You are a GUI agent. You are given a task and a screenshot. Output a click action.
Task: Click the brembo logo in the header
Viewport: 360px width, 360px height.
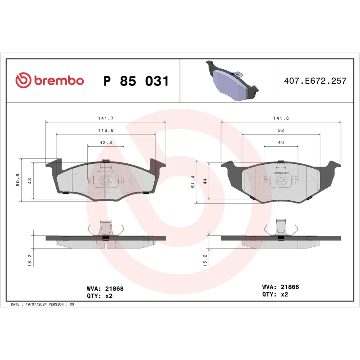(x=49, y=81)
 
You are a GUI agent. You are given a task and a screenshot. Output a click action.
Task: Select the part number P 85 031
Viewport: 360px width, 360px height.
(x=136, y=81)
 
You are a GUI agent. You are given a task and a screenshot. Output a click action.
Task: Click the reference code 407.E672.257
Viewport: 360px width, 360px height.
(x=315, y=81)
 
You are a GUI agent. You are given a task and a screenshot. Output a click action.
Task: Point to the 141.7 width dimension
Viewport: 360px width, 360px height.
(x=106, y=118)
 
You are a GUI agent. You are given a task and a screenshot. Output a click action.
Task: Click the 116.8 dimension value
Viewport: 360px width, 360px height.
(x=106, y=130)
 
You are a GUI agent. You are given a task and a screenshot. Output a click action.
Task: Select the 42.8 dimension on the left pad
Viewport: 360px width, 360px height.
(x=105, y=142)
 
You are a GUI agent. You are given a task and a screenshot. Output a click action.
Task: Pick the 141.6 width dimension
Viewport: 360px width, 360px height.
(x=281, y=118)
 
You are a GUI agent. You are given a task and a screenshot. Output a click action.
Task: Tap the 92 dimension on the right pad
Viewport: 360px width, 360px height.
(x=281, y=130)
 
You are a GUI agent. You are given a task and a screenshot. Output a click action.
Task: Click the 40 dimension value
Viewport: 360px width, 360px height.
(x=281, y=142)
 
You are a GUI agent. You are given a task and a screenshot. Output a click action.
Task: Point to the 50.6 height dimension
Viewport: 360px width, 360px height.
(x=18, y=180)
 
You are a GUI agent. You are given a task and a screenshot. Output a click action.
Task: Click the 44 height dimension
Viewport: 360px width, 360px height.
(x=205, y=180)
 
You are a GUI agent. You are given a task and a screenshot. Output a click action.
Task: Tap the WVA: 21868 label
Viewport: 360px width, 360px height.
(x=105, y=288)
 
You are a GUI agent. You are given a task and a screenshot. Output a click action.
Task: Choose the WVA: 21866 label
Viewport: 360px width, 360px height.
(x=280, y=287)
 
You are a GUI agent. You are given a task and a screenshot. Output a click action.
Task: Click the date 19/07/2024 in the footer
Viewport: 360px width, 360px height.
(x=37, y=305)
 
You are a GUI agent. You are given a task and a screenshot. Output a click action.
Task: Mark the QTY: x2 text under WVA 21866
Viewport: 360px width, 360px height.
(x=274, y=294)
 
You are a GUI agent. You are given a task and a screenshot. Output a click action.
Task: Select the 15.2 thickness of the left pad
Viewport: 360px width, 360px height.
(x=30, y=260)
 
